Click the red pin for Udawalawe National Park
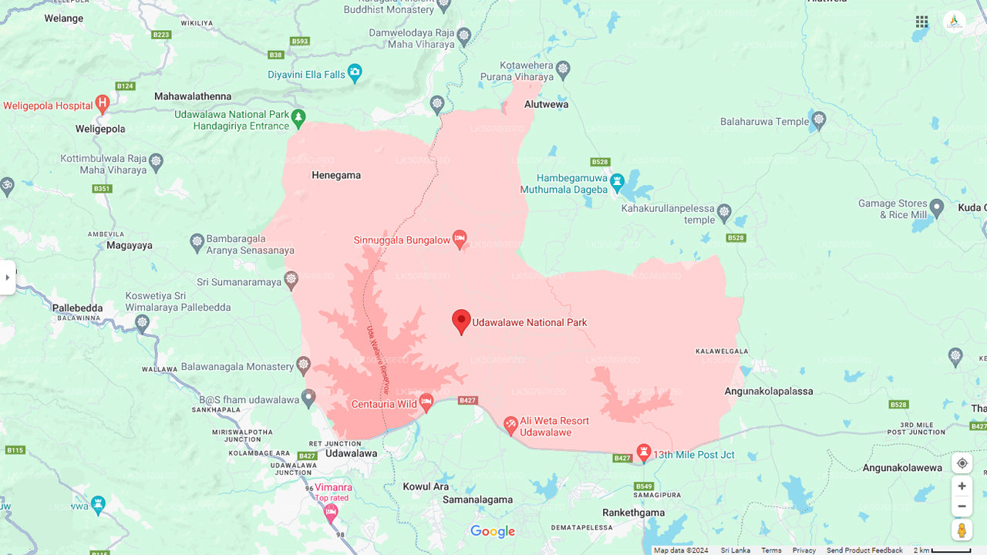pos(461,320)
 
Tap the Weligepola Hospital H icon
pos(103,104)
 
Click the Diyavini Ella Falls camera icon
pos(355,73)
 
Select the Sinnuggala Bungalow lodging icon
pos(460,239)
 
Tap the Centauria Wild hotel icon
pos(426,402)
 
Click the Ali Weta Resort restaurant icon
pos(510,425)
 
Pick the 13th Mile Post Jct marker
pos(644,452)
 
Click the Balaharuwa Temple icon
pos(819,120)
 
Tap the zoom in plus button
pos(962,486)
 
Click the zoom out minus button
pos(962,506)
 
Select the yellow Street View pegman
pos(962,530)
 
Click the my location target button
pos(962,463)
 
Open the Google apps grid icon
pos(921,22)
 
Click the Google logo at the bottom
pos(493,532)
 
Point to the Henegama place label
pos(336,175)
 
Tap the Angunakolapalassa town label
pos(769,391)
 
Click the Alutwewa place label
pos(546,104)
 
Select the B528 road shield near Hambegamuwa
pos(600,162)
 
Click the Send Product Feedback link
pos(864,550)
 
